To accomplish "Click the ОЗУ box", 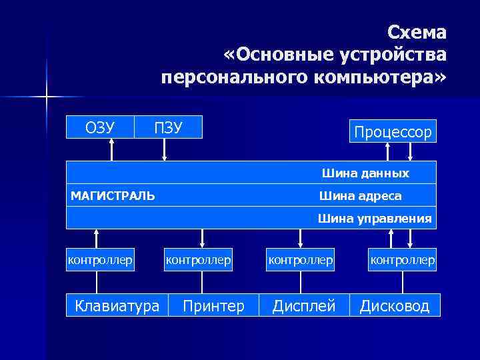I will (100, 127).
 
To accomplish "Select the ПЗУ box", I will (168, 127).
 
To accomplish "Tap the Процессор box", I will (393, 131).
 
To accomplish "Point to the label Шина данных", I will (365, 173).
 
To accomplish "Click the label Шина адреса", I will (360, 195).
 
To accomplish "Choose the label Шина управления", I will (375, 218).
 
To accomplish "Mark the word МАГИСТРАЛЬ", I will (113, 195).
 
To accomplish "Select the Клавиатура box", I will (117, 305).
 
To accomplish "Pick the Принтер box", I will (213, 305).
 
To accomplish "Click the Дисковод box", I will (395, 305).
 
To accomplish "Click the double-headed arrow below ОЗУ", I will (111, 149).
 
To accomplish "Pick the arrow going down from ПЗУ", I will (165, 149).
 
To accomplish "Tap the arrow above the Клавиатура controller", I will (97, 238).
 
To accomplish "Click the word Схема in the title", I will (417, 33).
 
